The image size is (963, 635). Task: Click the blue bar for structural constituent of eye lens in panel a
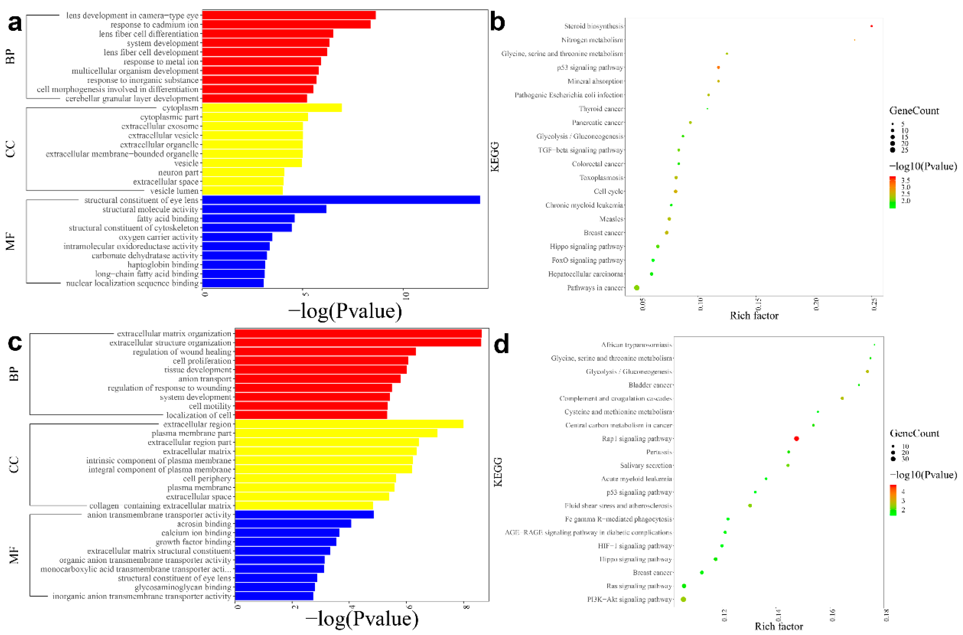point(340,200)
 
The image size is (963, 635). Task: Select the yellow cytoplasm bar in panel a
point(271,108)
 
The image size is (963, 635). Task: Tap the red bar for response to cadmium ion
point(286,24)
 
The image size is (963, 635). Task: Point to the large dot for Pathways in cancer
point(636,287)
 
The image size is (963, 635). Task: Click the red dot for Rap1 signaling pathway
point(796,439)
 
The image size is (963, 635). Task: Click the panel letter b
point(497,22)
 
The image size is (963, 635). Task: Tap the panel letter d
point(501,345)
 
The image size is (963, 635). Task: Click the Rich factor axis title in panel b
point(754,316)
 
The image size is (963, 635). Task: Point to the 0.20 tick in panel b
point(816,304)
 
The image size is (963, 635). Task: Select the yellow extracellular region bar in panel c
point(348,424)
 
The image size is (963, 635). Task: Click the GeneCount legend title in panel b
point(914,111)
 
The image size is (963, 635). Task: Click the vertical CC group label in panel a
point(11,149)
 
